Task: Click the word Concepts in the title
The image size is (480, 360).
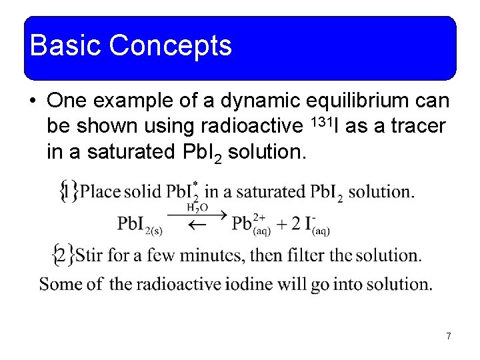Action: click(x=170, y=45)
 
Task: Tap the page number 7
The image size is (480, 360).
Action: click(x=449, y=336)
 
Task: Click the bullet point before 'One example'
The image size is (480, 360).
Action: click(x=33, y=101)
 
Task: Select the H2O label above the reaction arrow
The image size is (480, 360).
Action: click(x=197, y=207)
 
